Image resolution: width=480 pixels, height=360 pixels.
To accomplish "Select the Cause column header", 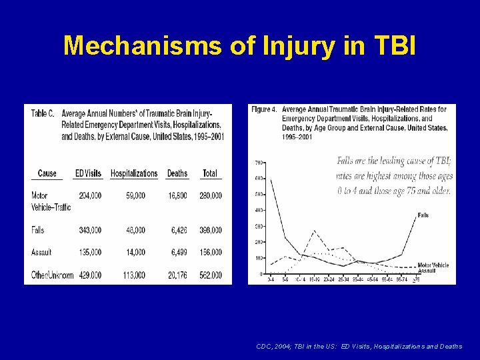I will click(47, 173).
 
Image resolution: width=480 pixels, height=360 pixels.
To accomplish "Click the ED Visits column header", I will click(88, 173).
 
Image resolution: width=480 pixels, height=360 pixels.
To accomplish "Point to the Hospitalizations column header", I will click(134, 173).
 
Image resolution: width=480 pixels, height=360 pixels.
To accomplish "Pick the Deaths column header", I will click(177, 173).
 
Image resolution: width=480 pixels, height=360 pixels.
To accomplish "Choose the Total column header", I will click(210, 173).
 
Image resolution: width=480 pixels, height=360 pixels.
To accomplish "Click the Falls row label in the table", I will click(39, 230).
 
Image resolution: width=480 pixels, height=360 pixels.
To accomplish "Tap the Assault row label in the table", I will click(41, 253).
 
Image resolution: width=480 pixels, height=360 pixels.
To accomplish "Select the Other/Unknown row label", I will click(53, 275).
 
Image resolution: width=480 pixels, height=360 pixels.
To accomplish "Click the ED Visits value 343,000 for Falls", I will click(90, 230).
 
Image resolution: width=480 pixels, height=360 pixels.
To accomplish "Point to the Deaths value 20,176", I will click(178, 275).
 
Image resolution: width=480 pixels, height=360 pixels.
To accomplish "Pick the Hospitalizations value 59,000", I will click(135, 196).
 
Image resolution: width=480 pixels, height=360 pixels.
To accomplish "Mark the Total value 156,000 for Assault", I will click(211, 253).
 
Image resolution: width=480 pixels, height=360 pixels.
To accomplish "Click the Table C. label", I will click(43, 113).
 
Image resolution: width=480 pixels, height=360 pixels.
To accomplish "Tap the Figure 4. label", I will click(265, 109).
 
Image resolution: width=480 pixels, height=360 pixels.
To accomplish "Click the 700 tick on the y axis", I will click(260, 162).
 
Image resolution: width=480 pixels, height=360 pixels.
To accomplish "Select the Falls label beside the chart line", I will click(423, 215).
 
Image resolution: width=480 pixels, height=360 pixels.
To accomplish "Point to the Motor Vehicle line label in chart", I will click(433, 265).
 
